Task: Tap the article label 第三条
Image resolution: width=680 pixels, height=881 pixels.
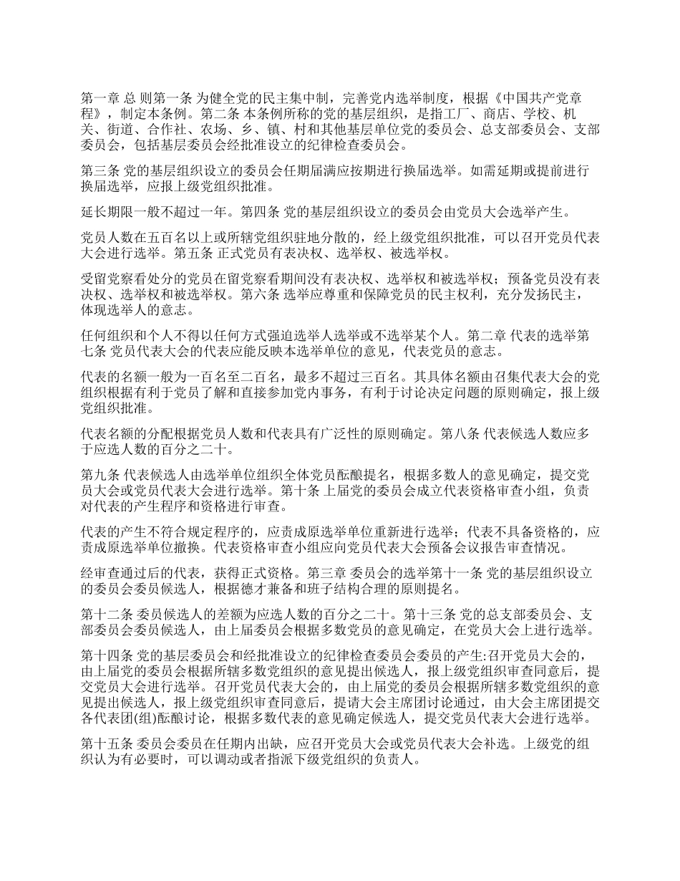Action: pyautogui.click(x=97, y=173)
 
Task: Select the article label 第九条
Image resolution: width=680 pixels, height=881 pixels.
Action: pyautogui.click(x=97, y=475)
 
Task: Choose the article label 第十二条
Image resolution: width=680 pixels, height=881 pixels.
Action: pyautogui.click(x=102, y=614)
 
